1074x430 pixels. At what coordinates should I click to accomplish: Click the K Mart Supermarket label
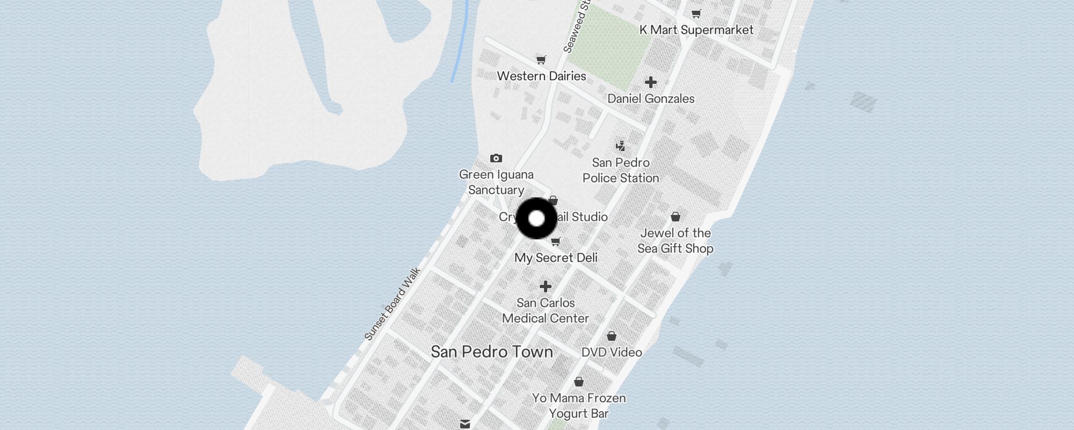[696, 30]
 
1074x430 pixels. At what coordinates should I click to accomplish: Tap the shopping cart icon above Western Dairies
[541, 60]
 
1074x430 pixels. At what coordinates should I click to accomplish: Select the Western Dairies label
[541, 76]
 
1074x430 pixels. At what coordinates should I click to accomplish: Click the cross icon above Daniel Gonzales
[651, 82]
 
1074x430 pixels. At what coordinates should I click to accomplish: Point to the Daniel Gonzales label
[651, 99]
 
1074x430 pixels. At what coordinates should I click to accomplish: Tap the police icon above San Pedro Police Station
[621, 146]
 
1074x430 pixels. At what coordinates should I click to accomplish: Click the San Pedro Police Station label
[621, 170]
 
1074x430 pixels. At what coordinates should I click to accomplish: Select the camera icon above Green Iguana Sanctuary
[496, 158]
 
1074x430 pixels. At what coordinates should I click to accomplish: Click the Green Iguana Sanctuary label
[496, 182]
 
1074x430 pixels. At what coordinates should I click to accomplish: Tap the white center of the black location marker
[536, 219]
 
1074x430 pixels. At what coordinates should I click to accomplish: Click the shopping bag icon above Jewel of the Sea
[676, 217]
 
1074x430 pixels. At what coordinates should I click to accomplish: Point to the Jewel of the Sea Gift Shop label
[676, 241]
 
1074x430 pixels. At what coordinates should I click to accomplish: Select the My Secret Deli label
[556, 258]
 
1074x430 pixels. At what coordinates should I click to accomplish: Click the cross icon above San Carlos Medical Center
[546, 286]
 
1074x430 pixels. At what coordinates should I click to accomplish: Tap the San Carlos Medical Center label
[546, 311]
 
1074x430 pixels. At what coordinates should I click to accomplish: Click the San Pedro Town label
[492, 352]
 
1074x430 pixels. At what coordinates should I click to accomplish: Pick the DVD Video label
[612, 353]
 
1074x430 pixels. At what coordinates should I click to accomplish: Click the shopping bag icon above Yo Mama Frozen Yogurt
[579, 382]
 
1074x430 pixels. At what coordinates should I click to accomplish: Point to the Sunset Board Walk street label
[393, 304]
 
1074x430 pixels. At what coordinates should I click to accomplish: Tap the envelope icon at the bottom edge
[465, 424]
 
